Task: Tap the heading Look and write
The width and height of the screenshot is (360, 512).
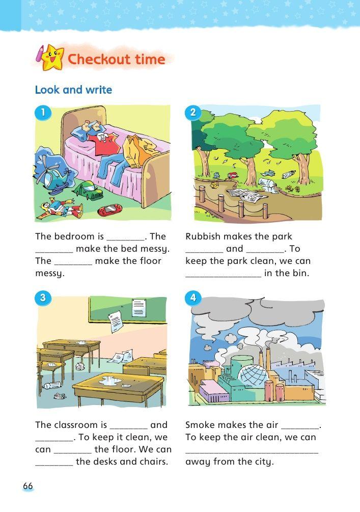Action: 73,90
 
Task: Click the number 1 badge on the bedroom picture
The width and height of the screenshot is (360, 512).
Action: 42,113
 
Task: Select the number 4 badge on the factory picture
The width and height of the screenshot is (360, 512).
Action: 193,298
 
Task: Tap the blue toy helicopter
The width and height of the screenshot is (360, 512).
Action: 52,178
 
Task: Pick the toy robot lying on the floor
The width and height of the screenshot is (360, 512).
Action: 61,209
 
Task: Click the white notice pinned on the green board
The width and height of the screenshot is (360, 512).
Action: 139,308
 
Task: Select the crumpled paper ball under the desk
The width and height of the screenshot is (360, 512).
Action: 79,366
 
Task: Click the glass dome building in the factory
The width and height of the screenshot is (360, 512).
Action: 254,375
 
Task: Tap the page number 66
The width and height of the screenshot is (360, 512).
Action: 27,486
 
